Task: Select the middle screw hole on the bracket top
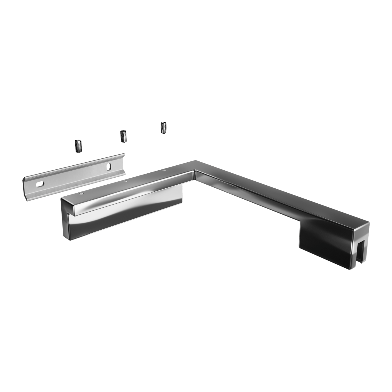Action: [124, 181]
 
